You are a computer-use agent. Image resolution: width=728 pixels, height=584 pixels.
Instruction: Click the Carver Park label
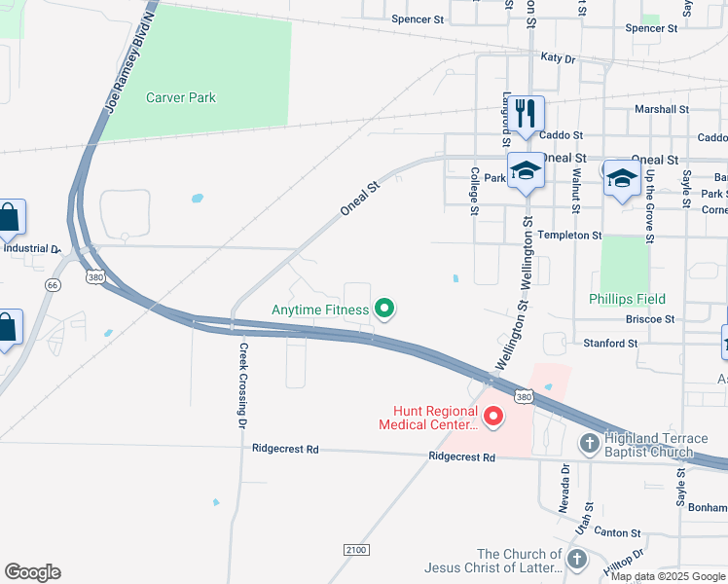click(x=181, y=97)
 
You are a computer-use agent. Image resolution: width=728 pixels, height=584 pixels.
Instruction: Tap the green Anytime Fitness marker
click(x=384, y=310)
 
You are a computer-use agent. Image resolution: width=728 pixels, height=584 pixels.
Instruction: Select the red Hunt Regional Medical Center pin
click(x=492, y=418)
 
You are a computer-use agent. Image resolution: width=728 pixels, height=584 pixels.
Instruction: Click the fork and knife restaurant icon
click(x=526, y=113)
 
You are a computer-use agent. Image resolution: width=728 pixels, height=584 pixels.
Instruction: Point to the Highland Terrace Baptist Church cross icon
click(x=590, y=444)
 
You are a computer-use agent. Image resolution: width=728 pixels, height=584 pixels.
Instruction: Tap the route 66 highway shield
click(x=52, y=284)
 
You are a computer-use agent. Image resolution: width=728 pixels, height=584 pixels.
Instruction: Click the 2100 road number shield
click(x=355, y=550)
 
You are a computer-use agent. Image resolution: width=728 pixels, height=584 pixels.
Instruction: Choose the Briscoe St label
click(x=645, y=318)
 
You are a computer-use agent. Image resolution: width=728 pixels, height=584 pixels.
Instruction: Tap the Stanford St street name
click(x=610, y=343)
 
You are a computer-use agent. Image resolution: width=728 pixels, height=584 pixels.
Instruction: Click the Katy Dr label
click(x=558, y=58)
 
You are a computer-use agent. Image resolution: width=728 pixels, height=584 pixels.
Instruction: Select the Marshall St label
click(x=662, y=110)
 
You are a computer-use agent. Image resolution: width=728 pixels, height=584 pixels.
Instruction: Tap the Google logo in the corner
click(x=32, y=572)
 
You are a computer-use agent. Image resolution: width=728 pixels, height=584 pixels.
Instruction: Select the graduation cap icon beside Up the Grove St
click(x=622, y=178)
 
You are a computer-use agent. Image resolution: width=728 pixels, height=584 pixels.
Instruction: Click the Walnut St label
click(x=576, y=191)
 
